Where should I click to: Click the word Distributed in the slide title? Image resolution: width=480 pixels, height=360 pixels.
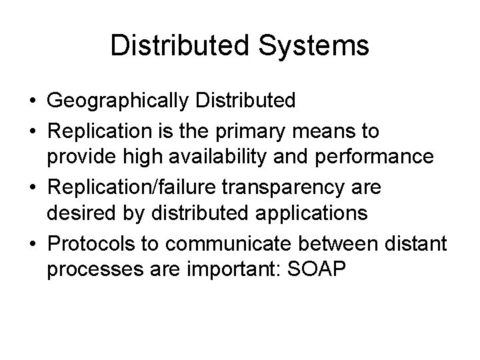(x=168, y=46)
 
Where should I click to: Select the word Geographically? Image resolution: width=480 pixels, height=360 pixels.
(x=118, y=101)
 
